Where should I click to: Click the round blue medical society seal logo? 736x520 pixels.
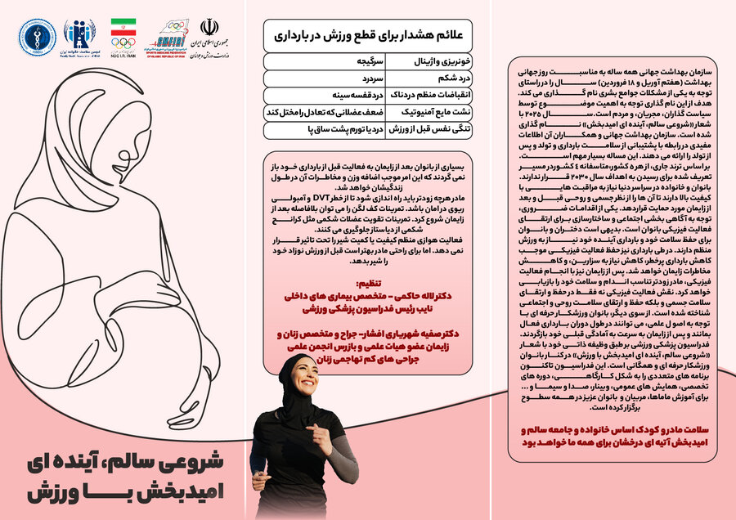click(x=38, y=36)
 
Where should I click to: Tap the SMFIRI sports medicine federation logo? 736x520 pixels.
click(x=168, y=36)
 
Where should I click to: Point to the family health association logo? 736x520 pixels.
click(x=79, y=36)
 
